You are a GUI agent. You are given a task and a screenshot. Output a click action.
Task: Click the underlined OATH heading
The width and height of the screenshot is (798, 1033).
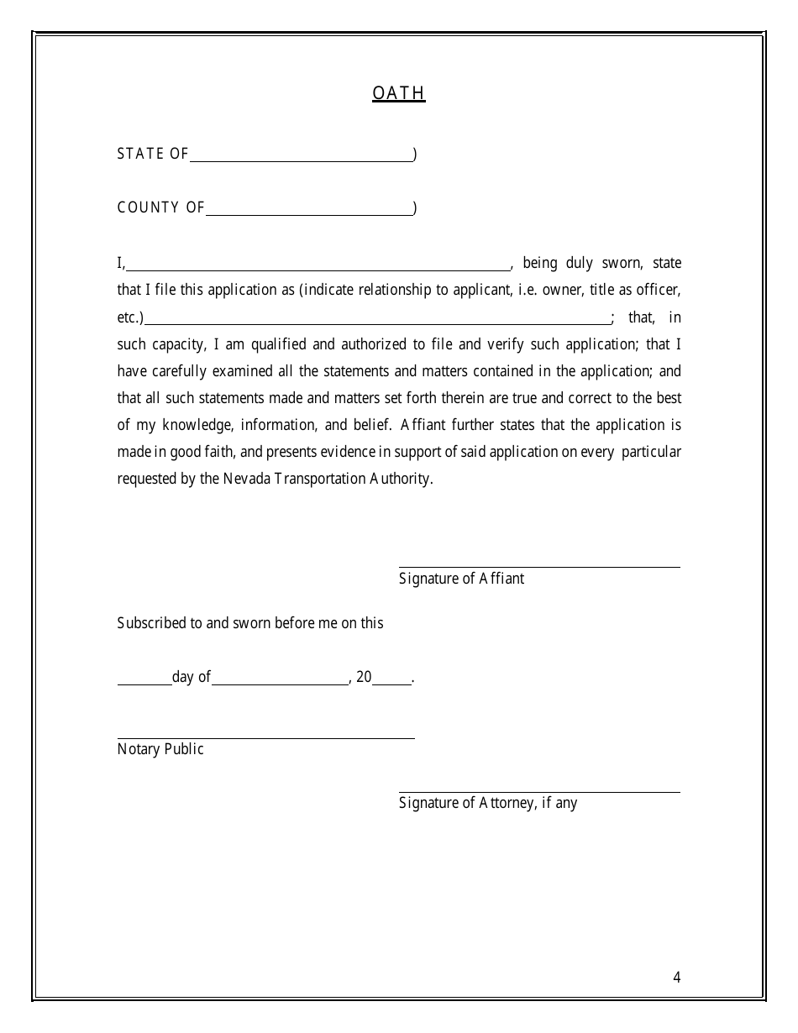pyautogui.click(x=399, y=93)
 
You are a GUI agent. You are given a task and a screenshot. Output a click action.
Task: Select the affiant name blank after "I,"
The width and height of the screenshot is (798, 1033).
pyautogui.click(x=318, y=266)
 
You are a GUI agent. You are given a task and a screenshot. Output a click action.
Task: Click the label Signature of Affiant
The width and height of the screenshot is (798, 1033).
pyautogui.click(x=461, y=579)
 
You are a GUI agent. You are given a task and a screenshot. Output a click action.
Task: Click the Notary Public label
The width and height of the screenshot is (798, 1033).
pyautogui.click(x=160, y=749)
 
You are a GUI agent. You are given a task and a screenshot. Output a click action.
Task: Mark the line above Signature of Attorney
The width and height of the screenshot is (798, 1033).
pyautogui.click(x=539, y=790)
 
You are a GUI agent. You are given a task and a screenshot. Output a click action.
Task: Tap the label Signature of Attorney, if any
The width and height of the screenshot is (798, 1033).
pyautogui.click(x=488, y=803)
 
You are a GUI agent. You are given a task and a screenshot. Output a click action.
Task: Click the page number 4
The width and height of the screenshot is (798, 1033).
pyautogui.click(x=676, y=977)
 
